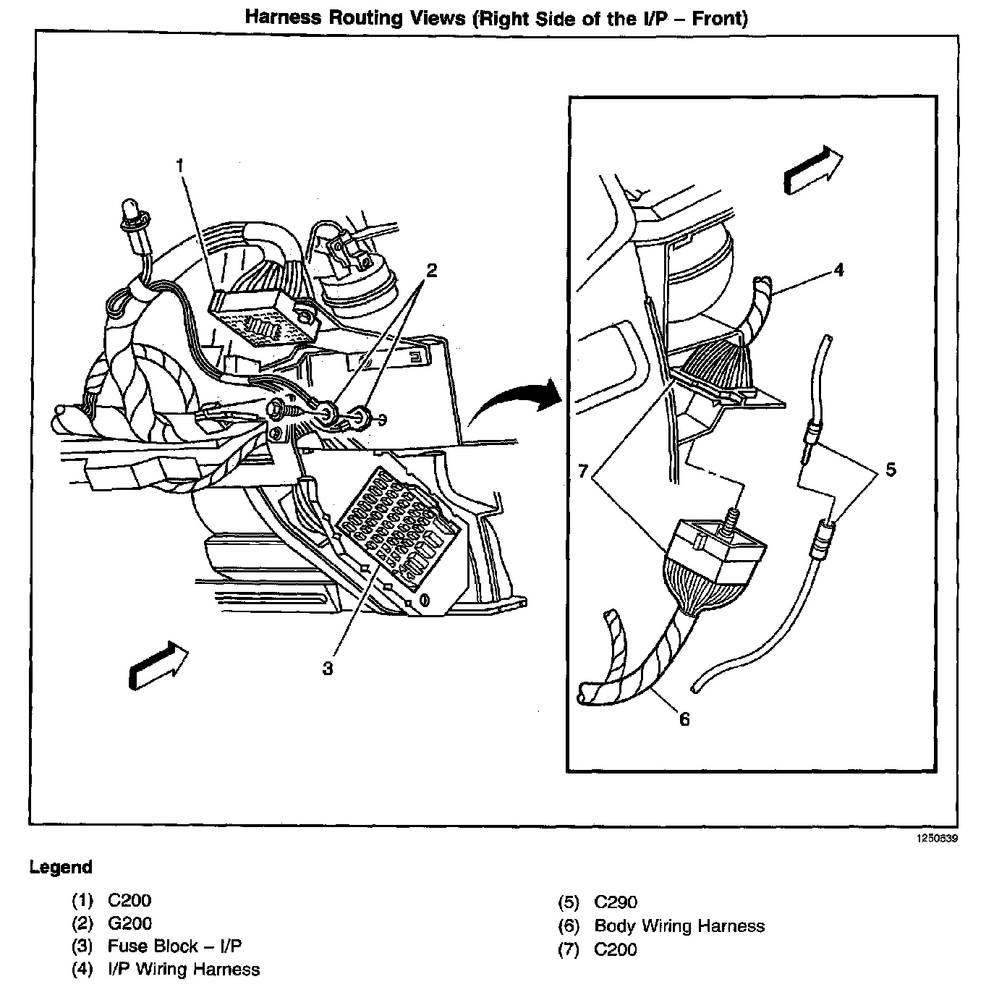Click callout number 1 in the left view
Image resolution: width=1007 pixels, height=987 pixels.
coord(180,166)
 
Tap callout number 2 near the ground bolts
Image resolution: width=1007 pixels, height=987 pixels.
coord(431,271)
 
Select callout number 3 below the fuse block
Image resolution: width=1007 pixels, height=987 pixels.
coord(328,669)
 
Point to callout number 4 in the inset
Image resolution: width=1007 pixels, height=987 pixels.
coord(838,270)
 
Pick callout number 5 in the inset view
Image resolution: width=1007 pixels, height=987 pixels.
coord(891,470)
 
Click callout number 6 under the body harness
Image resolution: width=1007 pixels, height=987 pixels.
coord(684,719)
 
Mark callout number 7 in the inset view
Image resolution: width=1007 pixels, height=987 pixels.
coord(585,471)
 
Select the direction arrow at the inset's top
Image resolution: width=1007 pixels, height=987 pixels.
coord(812,169)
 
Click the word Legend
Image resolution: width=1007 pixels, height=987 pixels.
coord(61,867)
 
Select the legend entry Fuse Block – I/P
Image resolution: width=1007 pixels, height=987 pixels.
coord(174,946)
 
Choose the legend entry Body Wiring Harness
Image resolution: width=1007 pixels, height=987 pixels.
coord(679,925)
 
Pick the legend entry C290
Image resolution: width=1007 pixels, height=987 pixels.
coord(616,902)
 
